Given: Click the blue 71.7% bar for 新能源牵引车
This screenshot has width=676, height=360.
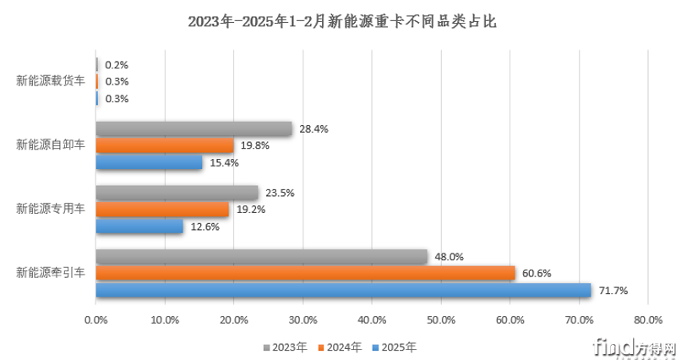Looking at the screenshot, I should coord(343,291).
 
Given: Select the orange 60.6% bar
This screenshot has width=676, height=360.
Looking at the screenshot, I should coord(305,274).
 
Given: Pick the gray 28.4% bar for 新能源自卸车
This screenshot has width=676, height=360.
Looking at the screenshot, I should coord(194,129).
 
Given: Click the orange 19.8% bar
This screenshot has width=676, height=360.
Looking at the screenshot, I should coord(164,145).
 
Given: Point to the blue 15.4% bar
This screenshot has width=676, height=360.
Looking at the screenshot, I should coord(149,162).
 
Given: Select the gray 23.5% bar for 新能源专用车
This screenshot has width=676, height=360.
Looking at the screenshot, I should coord(177,193).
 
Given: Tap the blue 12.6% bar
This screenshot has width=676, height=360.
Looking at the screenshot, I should coord(139,226).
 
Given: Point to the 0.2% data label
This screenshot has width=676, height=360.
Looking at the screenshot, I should coord(116,65).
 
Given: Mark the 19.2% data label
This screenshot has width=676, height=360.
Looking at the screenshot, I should coord(249,210).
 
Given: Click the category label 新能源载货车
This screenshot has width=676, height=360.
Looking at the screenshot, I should coord(51,81).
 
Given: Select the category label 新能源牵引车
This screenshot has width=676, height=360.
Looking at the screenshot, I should coord(51,273).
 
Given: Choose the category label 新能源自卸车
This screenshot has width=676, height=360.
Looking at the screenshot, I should coord(51,145).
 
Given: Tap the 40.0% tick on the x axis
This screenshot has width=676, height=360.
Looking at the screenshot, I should coord(372,320).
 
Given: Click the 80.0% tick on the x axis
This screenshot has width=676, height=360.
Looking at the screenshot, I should coord(646,320).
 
